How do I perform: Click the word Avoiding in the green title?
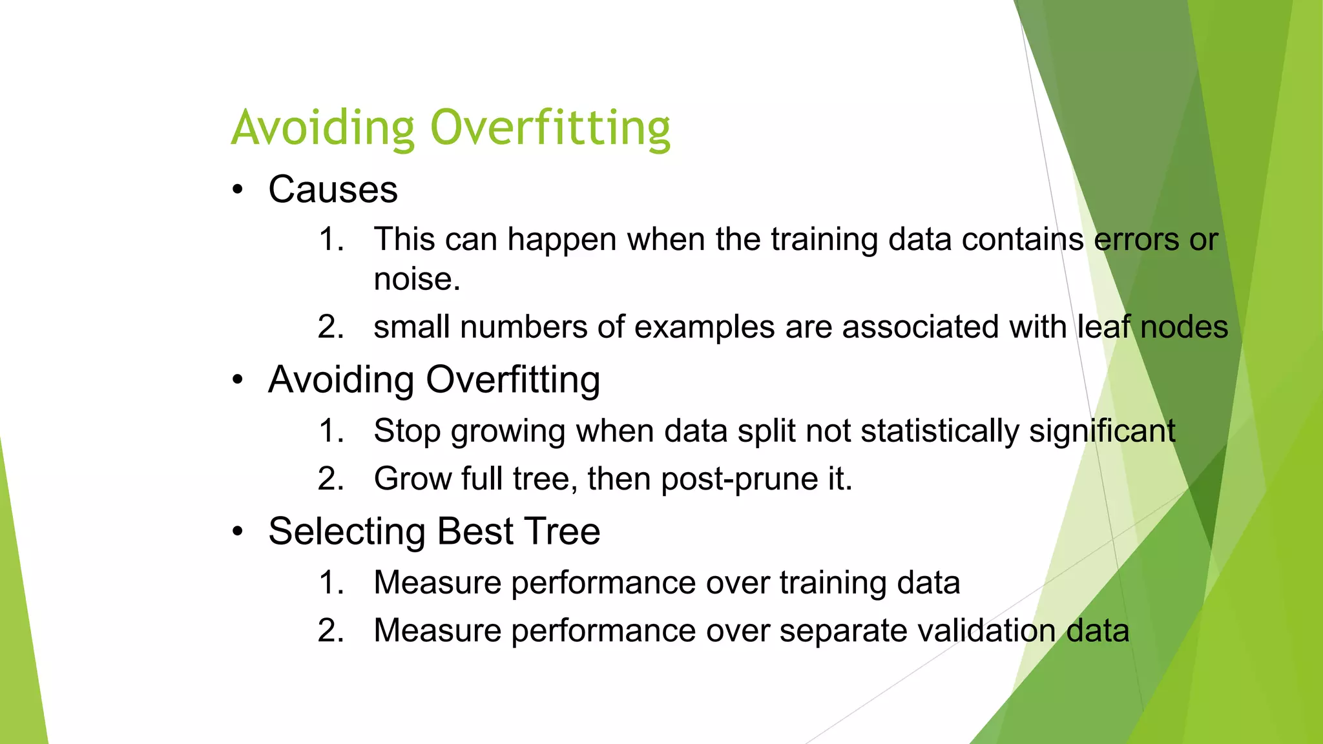coord(322,127)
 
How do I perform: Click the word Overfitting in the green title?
coord(550,127)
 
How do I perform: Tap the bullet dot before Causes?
coord(238,190)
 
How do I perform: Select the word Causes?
coord(333,190)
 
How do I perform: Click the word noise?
coord(416,279)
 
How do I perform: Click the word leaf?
coord(1103,326)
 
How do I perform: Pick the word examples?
coord(704,327)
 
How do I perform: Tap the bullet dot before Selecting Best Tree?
coord(238,532)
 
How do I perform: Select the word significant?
coord(1102,431)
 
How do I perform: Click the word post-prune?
coord(739,479)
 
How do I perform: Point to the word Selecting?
coord(346,532)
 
